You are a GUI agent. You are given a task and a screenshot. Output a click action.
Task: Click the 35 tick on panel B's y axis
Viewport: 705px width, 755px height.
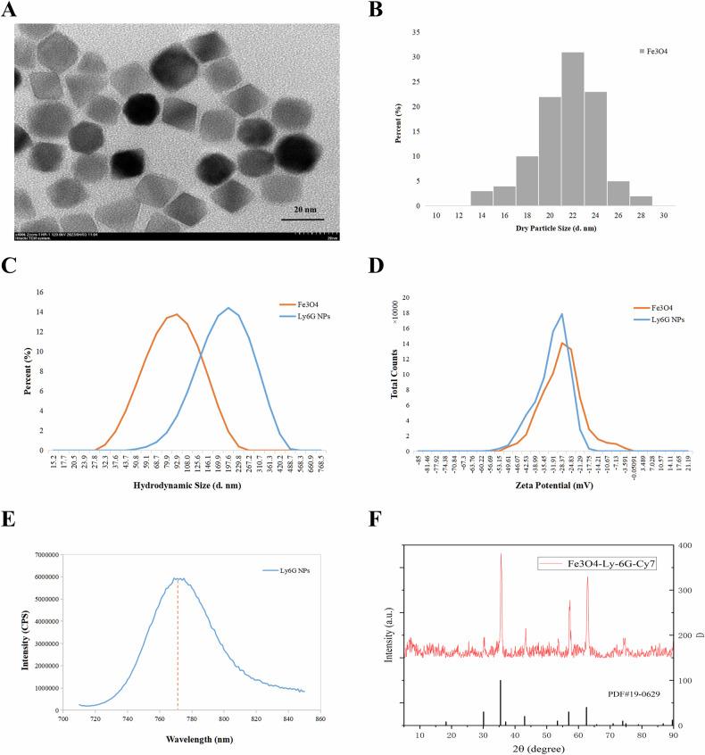coord(416,31)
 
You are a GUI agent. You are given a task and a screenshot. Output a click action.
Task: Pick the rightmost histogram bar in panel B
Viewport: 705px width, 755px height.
coord(641,201)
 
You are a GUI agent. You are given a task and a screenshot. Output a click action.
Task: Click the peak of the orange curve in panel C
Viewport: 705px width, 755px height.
coord(176,314)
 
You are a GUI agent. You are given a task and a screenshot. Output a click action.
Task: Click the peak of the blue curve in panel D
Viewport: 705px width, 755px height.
coord(561,313)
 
